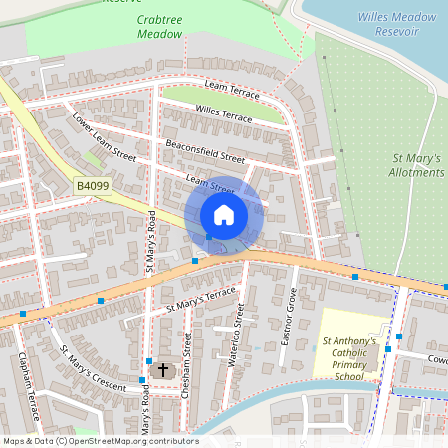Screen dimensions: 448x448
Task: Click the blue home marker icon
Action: tap(223, 215)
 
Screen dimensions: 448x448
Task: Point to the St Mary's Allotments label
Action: tap(417, 165)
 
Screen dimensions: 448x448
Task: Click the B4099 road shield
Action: tap(92, 185)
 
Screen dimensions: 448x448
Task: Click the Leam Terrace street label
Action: tap(231, 90)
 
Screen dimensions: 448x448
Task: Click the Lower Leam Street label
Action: tap(104, 138)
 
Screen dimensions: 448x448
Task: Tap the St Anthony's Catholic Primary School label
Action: tap(349, 359)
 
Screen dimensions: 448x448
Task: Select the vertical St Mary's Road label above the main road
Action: tap(152, 242)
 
